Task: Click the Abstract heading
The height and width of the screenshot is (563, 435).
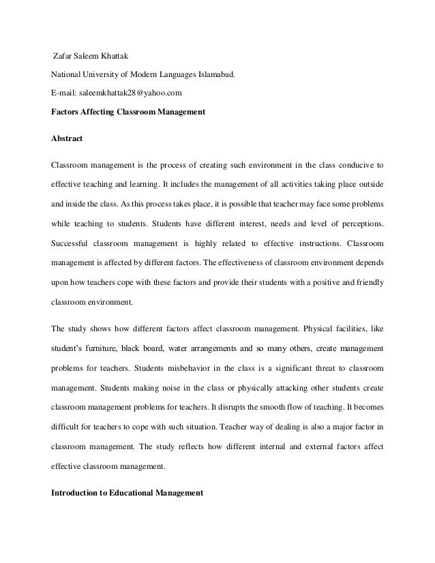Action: coord(67,138)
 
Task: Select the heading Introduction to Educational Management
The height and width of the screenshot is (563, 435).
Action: coord(127,491)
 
